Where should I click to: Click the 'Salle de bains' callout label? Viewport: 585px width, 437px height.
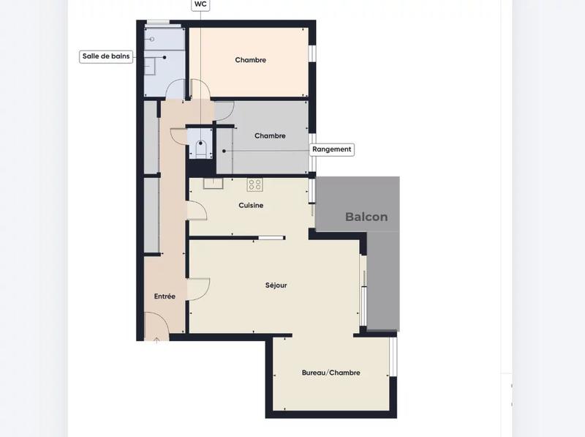click(x=106, y=56)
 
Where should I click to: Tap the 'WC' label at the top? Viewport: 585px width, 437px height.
click(x=200, y=4)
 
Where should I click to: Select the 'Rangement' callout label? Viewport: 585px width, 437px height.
click(x=332, y=149)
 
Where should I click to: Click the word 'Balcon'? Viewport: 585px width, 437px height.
click(x=366, y=217)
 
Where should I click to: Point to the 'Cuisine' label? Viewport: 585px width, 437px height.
click(x=251, y=206)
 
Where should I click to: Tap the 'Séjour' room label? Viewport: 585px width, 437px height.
click(x=276, y=285)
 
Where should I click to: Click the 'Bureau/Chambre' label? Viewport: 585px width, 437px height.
click(x=331, y=373)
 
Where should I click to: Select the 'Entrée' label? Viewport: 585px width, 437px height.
click(x=165, y=296)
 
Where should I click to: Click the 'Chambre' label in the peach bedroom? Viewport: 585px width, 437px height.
click(x=250, y=60)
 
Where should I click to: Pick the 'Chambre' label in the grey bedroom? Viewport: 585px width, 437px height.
click(x=270, y=136)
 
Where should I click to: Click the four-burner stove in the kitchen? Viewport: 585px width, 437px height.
click(x=254, y=184)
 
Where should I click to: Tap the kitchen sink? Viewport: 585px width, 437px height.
click(x=213, y=183)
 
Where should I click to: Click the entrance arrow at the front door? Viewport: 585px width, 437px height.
click(x=156, y=340)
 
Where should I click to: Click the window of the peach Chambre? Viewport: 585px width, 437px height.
click(x=312, y=54)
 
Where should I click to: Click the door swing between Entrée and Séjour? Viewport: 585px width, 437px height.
click(x=198, y=289)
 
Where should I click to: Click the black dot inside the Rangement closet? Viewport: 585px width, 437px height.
click(x=223, y=151)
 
